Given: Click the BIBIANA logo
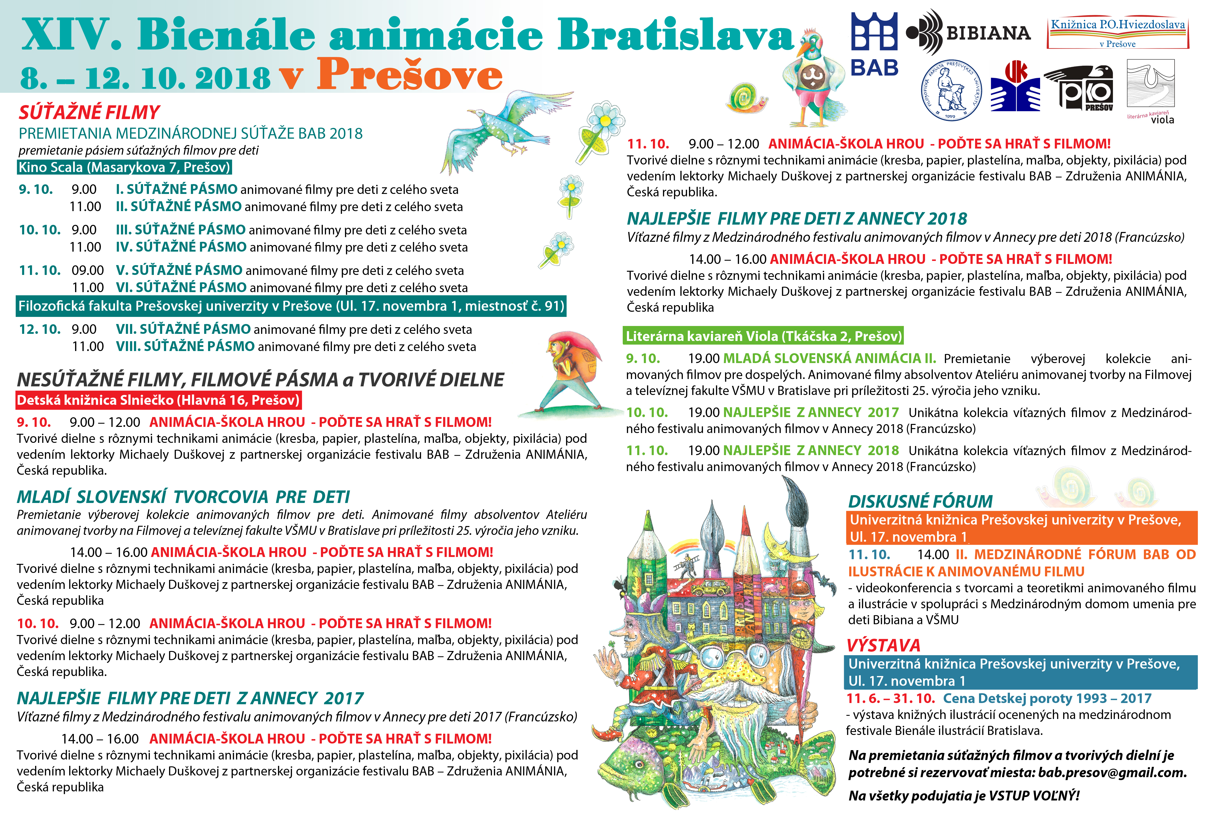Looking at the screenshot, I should (x=969, y=32).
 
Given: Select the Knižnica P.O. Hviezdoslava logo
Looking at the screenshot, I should (x=1118, y=31).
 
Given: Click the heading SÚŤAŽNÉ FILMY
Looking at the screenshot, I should (x=89, y=112).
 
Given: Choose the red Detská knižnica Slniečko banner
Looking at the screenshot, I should (x=158, y=400).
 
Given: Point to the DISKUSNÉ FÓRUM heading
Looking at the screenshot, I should (x=920, y=501).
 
